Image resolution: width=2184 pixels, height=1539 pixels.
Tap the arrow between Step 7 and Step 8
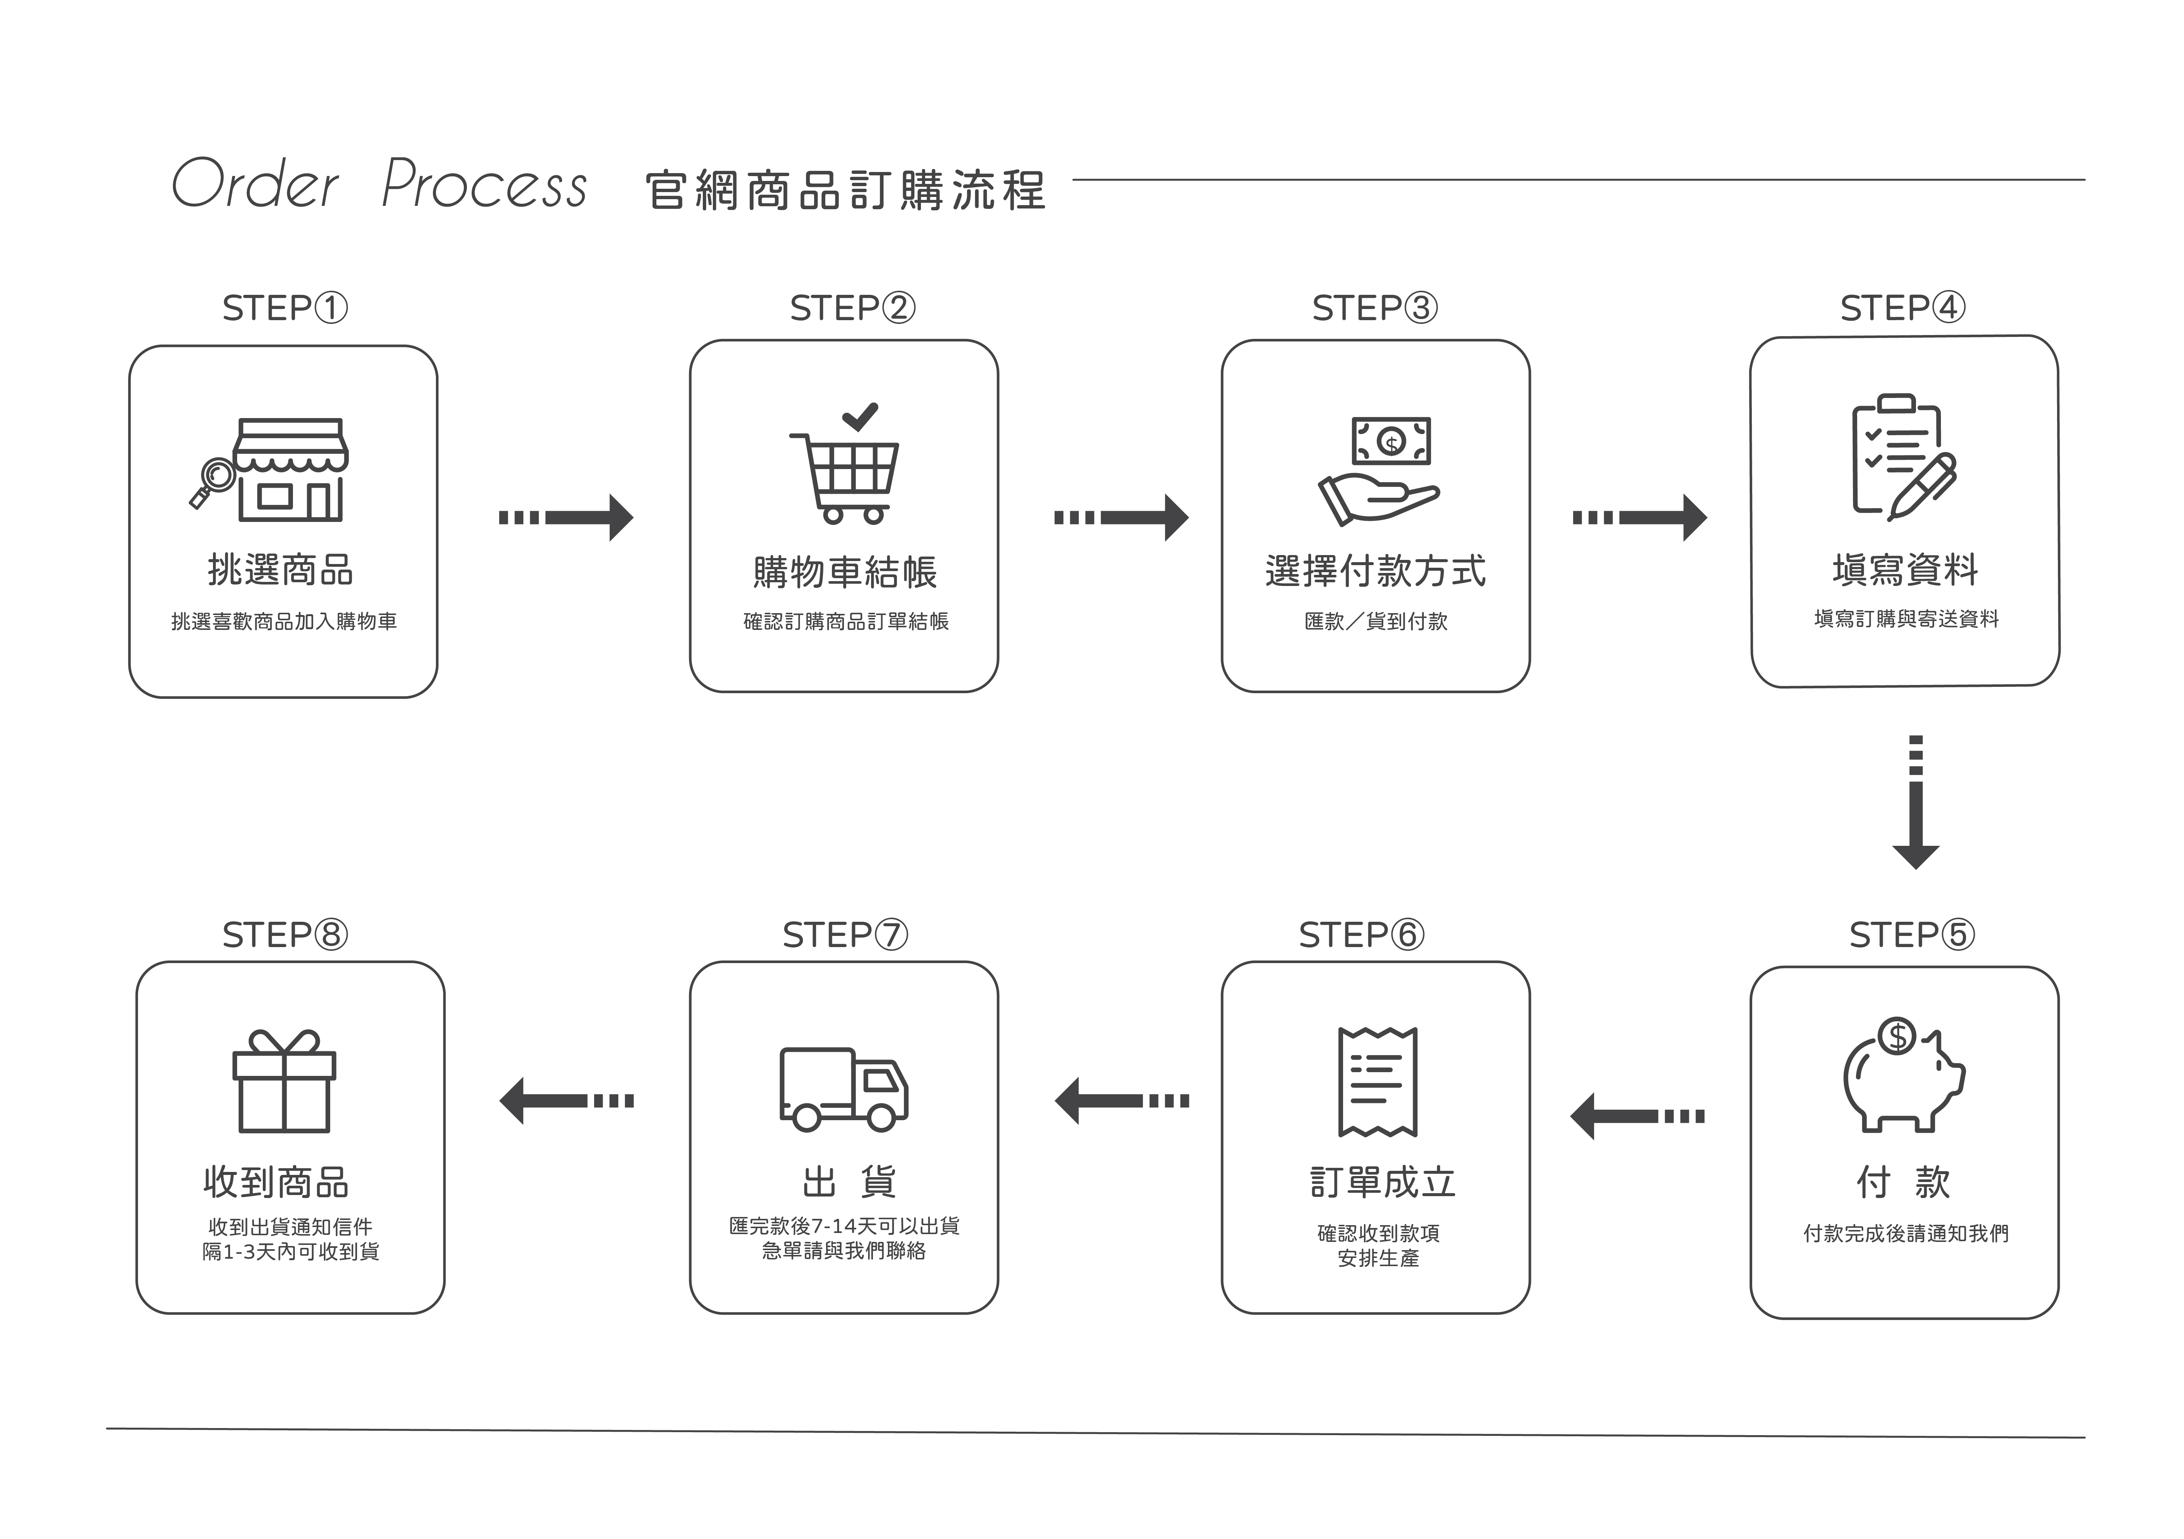click(566, 1100)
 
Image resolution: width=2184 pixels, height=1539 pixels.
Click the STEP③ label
click(1374, 308)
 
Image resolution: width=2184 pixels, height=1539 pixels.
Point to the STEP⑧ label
click(284, 935)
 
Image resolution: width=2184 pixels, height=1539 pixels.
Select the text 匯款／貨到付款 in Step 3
click(1375, 621)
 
